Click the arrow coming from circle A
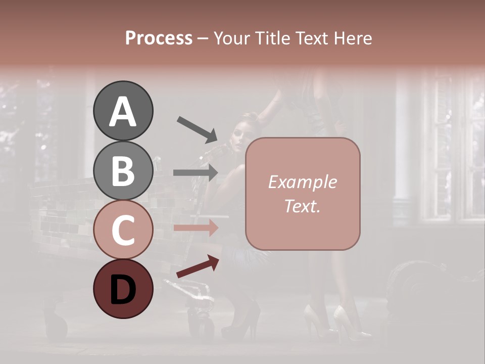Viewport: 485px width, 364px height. point(197,129)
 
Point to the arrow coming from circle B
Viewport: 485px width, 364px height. point(196,172)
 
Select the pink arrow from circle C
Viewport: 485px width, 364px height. point(196,228)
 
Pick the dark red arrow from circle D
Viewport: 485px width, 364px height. point(198,266)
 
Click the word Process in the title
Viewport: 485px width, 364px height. point(159,38)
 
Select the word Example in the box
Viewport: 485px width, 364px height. point(302,182)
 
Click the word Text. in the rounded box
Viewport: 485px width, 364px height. point(302,206)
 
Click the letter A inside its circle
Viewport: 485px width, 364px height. point(123,111)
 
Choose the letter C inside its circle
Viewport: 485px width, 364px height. point(123,231)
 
